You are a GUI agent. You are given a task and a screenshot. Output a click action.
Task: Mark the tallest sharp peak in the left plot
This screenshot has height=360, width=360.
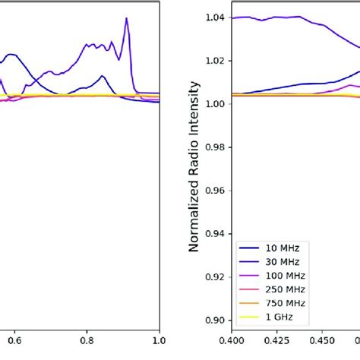[x=126, y=19]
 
